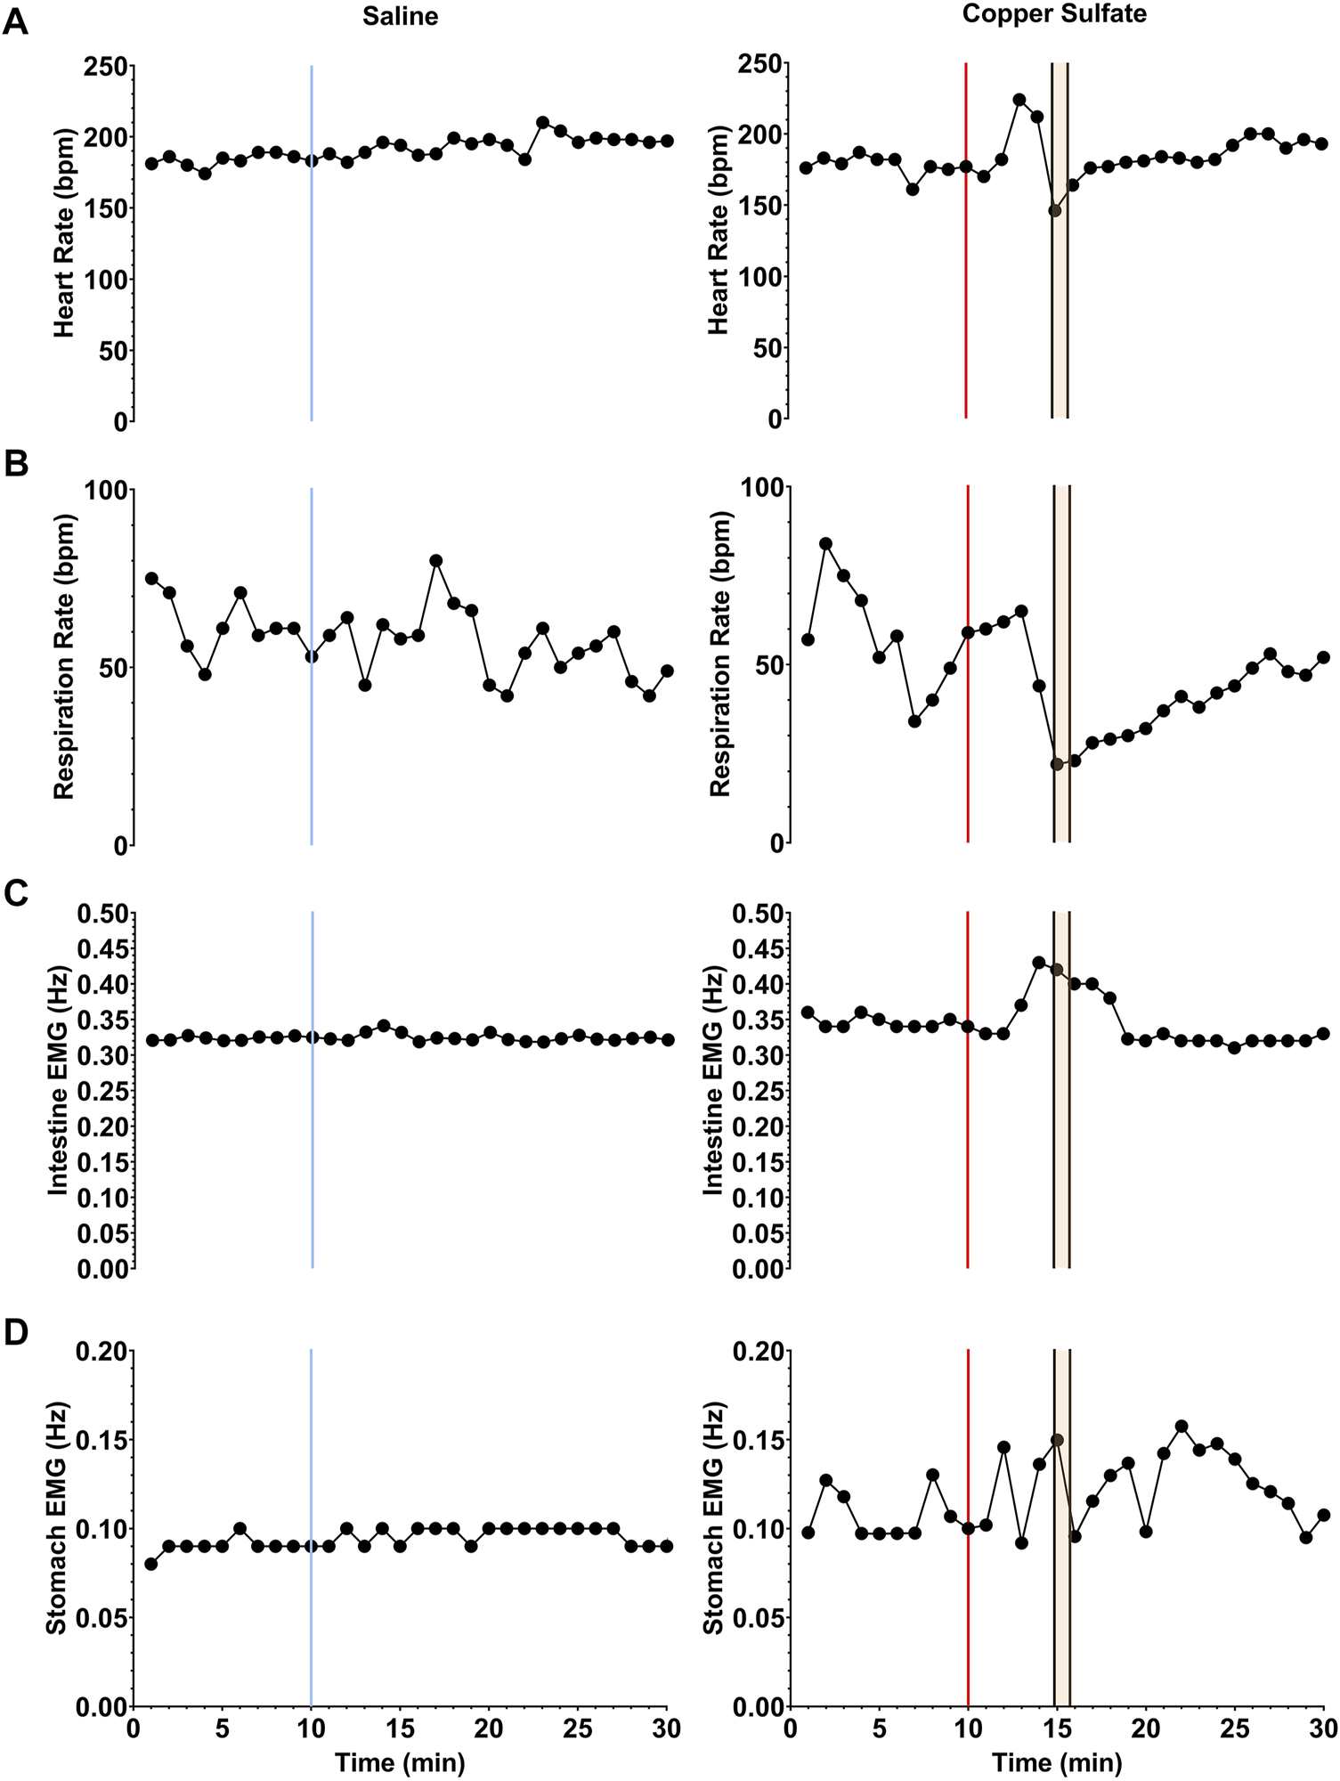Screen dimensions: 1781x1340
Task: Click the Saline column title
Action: click(400, 16)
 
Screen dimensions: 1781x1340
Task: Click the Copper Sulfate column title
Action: click(1054, 13)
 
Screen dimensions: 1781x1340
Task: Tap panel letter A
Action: click(16, 22)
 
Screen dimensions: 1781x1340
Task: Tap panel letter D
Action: click(16, 1333)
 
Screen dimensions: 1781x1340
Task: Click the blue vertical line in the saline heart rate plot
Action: click(312, 267)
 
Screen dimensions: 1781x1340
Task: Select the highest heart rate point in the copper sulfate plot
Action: click(1019, 100)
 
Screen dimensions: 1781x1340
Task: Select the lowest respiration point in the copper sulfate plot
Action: click(1057, 764)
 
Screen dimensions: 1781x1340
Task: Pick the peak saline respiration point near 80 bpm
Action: click(436, 560)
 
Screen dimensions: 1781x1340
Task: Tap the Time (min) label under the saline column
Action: click(400, 1762)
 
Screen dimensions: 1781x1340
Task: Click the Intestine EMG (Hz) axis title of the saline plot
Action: click(58, 1091)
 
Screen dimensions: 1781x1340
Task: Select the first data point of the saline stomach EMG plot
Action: click(151, 1564)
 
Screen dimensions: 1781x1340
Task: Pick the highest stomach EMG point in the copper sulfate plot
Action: click(1182, 1427)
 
